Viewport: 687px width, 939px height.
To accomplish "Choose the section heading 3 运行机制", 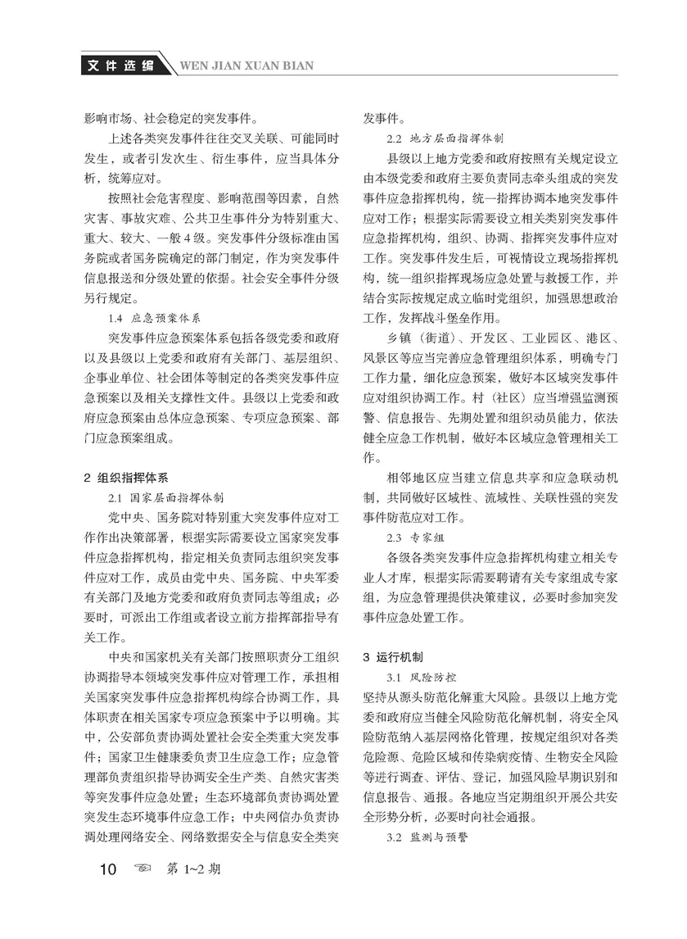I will pos(392,657).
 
